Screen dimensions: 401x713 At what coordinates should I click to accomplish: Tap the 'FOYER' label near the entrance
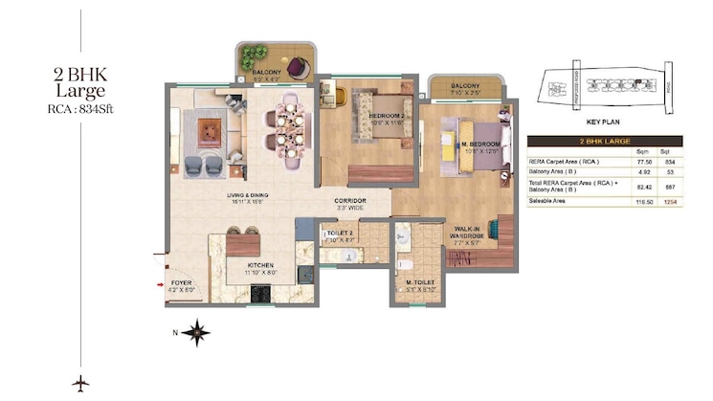(181, 284)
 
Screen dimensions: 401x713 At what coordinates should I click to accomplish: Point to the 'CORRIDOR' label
(351, 202)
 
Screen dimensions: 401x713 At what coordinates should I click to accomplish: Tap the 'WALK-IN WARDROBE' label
(469, 233)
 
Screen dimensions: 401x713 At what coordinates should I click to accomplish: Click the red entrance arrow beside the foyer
(161, 283)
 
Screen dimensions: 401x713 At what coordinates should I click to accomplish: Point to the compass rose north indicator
(197, 333)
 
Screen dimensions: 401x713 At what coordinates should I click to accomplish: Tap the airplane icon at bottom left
(80, 382)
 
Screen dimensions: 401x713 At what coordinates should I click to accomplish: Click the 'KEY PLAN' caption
(605, 123)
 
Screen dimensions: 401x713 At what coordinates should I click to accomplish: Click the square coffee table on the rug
(212, 127)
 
